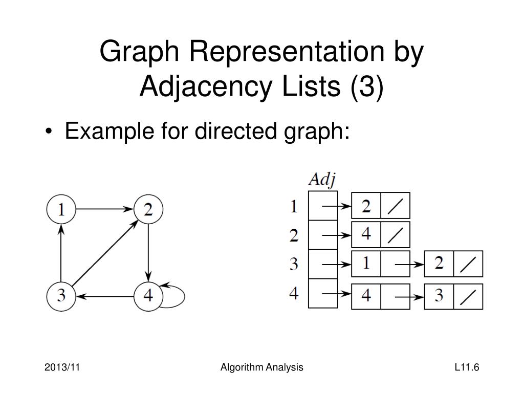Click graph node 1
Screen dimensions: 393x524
[x=61, y=209]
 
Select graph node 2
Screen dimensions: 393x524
[x=148, y=209]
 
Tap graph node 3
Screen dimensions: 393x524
[x=61, y=296]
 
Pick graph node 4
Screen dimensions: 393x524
[x=148, y=296]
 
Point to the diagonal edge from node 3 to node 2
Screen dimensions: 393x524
[x=104, y=252]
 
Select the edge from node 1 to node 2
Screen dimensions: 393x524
[x=104, y=209]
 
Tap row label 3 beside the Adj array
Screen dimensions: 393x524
[x=294, y=265]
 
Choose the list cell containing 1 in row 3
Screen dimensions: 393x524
[x=366, y=265]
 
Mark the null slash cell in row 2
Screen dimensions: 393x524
[x=396, y=235]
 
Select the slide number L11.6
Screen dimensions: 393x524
[x=466, y=367]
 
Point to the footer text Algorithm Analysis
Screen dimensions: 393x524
[x=261, y=367]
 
